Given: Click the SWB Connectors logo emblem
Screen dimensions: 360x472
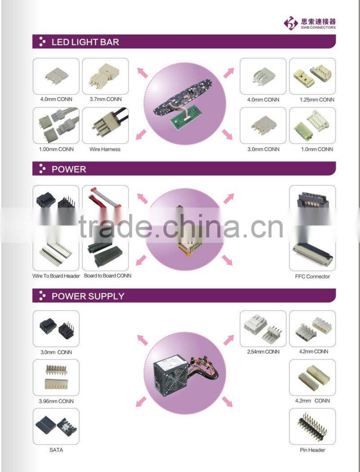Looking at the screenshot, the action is (291, 23).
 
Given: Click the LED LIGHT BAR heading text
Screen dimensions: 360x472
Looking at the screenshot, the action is (85, 42).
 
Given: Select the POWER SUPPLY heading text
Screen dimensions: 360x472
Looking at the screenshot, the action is (88, 296).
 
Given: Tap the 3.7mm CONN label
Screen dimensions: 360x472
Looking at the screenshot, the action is (106, 99).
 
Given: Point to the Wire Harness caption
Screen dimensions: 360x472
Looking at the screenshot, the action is (105, 150).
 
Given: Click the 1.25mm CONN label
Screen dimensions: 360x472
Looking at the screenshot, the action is (317, 100).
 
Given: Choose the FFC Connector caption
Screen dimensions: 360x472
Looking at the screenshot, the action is (312, 277).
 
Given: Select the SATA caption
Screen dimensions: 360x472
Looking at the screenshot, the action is (56, 450).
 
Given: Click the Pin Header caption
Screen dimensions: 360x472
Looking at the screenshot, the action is (312, 450).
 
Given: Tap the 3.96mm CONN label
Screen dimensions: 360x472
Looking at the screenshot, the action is (56, 401).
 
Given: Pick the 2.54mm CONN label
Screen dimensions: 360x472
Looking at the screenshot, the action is (263, 352).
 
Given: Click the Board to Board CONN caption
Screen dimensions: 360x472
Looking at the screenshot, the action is (108, 276).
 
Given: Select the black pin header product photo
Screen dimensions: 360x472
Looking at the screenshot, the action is (312, 427).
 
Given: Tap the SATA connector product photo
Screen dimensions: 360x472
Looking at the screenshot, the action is (56, 426).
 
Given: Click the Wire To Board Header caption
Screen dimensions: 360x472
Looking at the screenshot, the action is (56, 276).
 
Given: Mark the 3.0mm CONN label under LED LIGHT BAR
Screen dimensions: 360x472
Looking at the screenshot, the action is (263, 150).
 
